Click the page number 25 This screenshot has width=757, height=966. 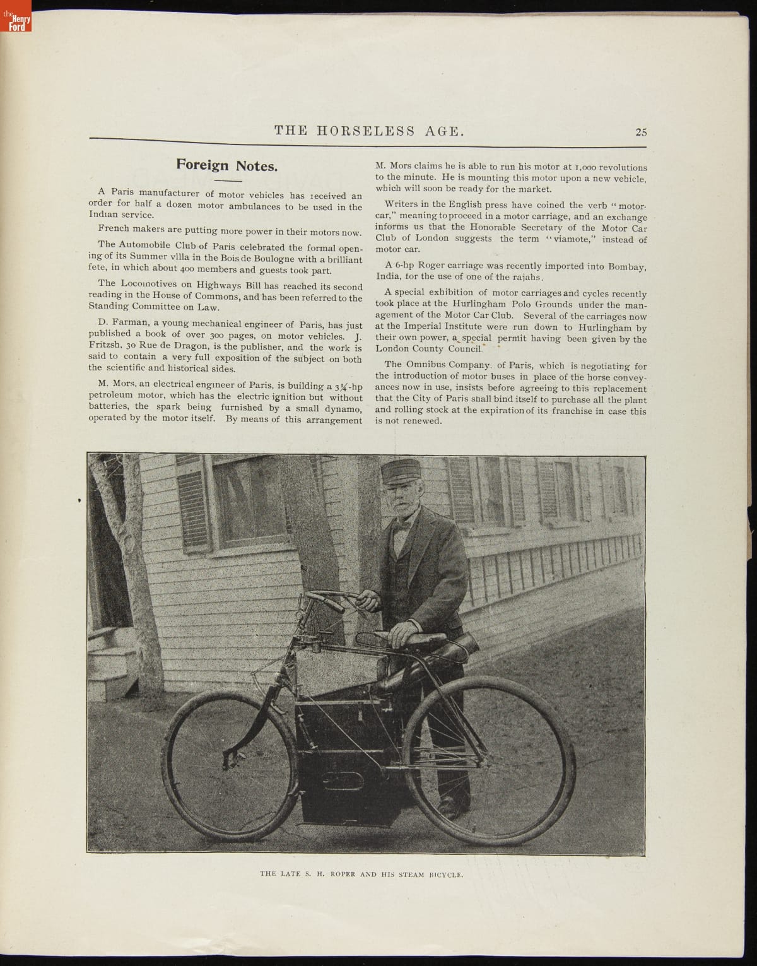(x=641, y=132)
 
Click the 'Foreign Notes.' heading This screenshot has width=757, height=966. (x=226, y=165)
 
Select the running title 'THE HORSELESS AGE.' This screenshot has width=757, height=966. (x=370, y=131)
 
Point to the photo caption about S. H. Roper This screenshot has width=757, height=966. (x=361, y=875)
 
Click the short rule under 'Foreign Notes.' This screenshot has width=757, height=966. (x=226, y=180)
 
